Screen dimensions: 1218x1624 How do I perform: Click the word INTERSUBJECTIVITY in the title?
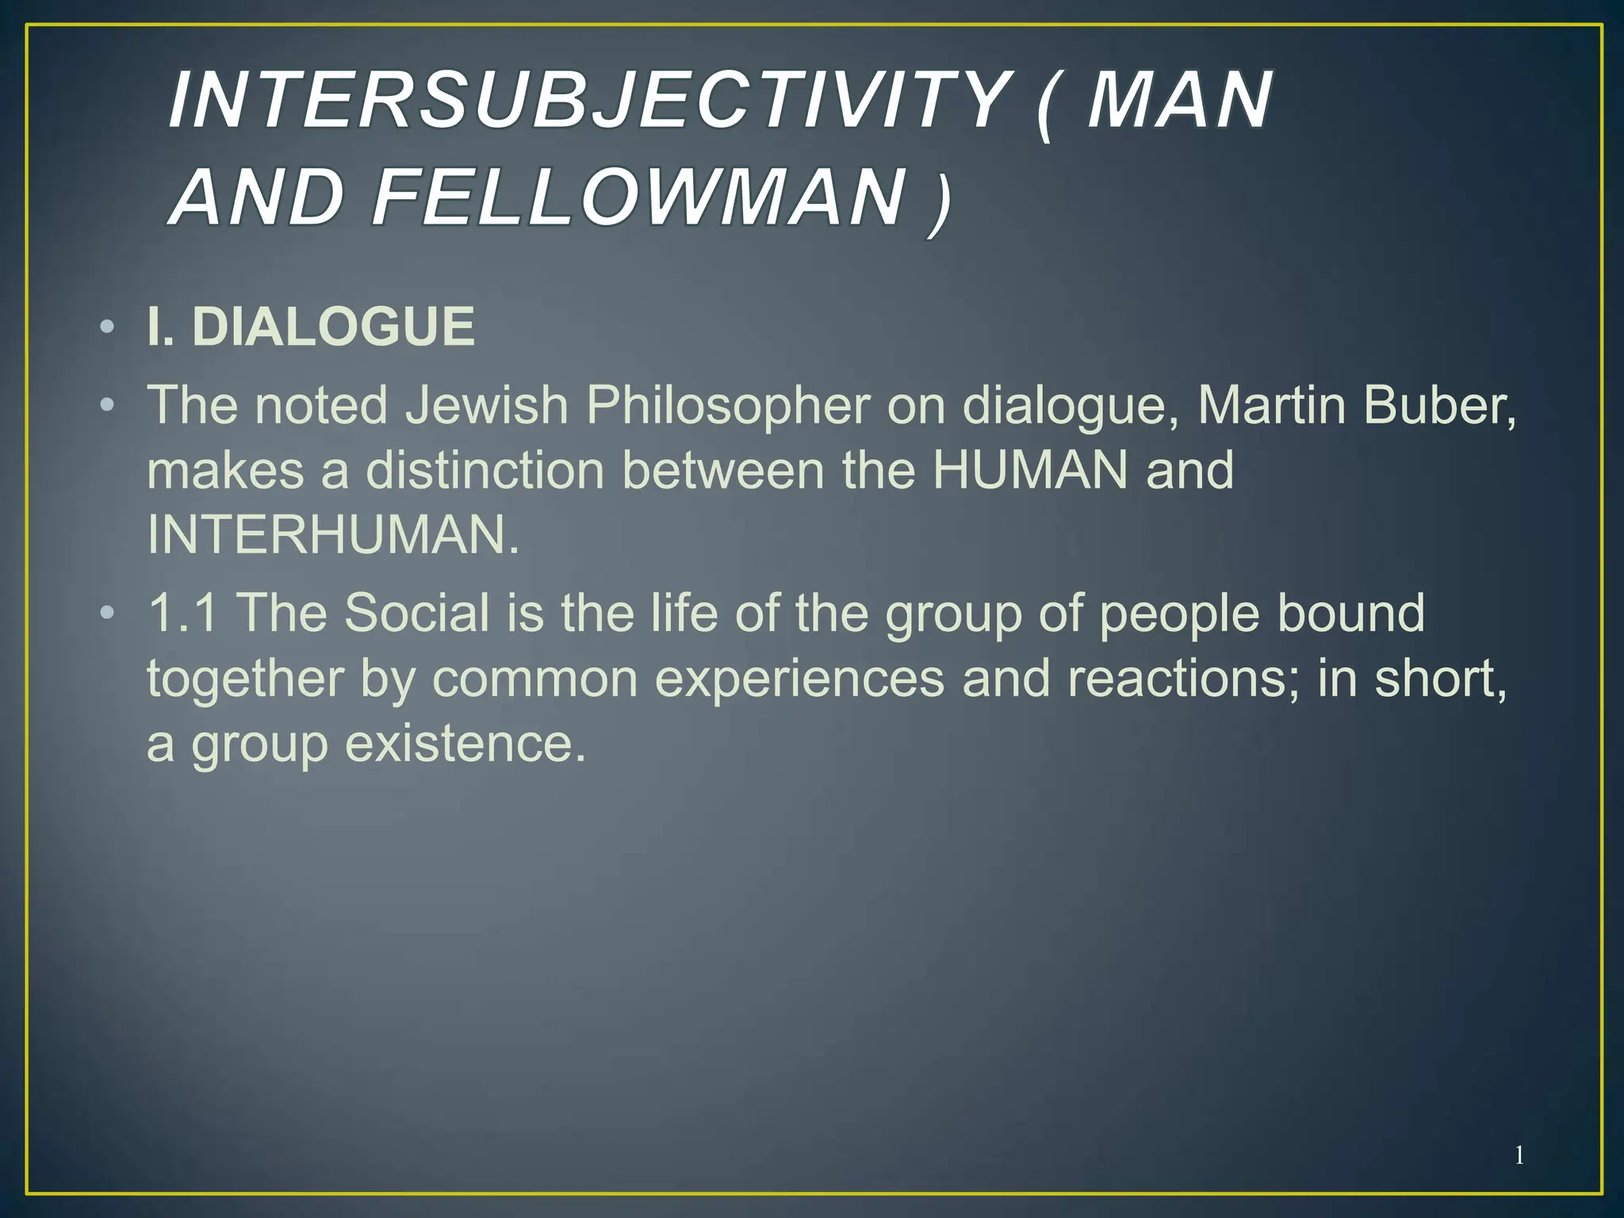pyautogui.click(x=588, y=100)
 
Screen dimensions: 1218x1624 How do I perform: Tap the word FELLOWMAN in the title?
pyautogui.click(x=639, y=196)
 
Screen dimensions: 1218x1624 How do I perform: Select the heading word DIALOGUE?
pyautogui.click(x=334, y=327)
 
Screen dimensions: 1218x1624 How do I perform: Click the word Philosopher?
pyautogui.click(x=727, y=407)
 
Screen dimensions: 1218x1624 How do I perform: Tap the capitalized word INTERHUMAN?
pyautogui.click(x=333, y=535)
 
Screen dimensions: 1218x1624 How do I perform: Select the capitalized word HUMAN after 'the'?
pyautogui.click(x=1029, y=470)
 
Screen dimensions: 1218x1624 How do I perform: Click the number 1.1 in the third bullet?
pyautogui.click(x=182, y=613)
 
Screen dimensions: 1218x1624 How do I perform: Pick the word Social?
pyautogui.click(x=417, y=613)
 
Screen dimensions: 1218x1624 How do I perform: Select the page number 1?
pyautogui.click(x=1519, y=1155)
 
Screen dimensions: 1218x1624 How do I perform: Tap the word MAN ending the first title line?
pyautogui.click(x=1179, y=100)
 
